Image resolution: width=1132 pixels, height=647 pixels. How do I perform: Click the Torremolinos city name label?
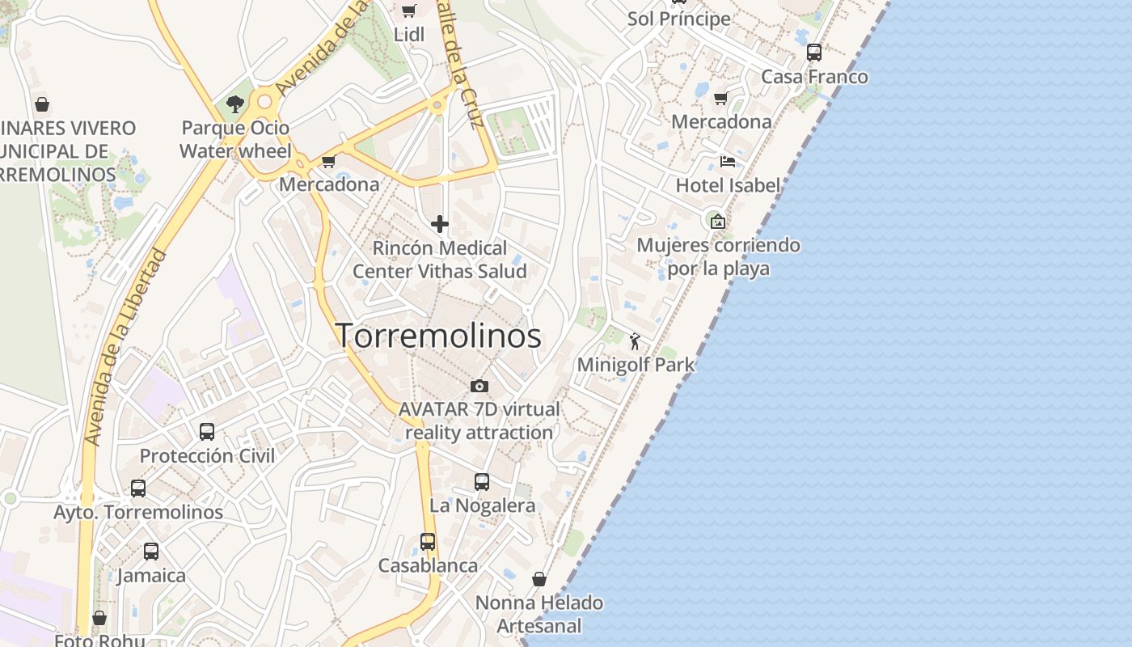438,336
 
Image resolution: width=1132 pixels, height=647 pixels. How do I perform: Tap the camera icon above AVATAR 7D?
479,386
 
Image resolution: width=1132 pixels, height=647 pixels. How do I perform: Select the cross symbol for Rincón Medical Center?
440,223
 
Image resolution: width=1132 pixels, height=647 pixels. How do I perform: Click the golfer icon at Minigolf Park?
636,341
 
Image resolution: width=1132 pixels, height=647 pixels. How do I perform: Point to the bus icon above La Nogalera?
482,482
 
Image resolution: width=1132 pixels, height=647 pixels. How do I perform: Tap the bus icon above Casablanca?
428,542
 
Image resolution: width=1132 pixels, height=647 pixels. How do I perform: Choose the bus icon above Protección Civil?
207,432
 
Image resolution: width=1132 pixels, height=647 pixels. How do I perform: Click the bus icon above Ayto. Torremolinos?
138,488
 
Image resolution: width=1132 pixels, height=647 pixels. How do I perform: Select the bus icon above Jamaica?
151,552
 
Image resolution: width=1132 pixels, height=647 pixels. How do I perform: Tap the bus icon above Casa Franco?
814,53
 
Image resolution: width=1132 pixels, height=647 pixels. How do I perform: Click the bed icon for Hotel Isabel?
728,161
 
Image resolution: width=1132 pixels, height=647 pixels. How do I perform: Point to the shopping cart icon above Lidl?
409,11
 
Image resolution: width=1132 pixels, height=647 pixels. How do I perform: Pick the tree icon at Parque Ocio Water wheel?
235,104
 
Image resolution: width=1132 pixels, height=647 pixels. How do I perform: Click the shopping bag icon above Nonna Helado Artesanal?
539,579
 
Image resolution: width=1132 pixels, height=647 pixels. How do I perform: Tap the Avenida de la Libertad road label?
125,348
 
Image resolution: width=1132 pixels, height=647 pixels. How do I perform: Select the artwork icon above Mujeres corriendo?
717,221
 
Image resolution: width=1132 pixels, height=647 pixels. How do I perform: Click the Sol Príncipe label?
678,19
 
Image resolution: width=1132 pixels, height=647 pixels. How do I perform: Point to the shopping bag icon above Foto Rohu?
99,619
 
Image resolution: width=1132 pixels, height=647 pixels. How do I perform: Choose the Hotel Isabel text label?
728,185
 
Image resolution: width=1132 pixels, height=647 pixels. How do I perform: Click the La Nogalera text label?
482,506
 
